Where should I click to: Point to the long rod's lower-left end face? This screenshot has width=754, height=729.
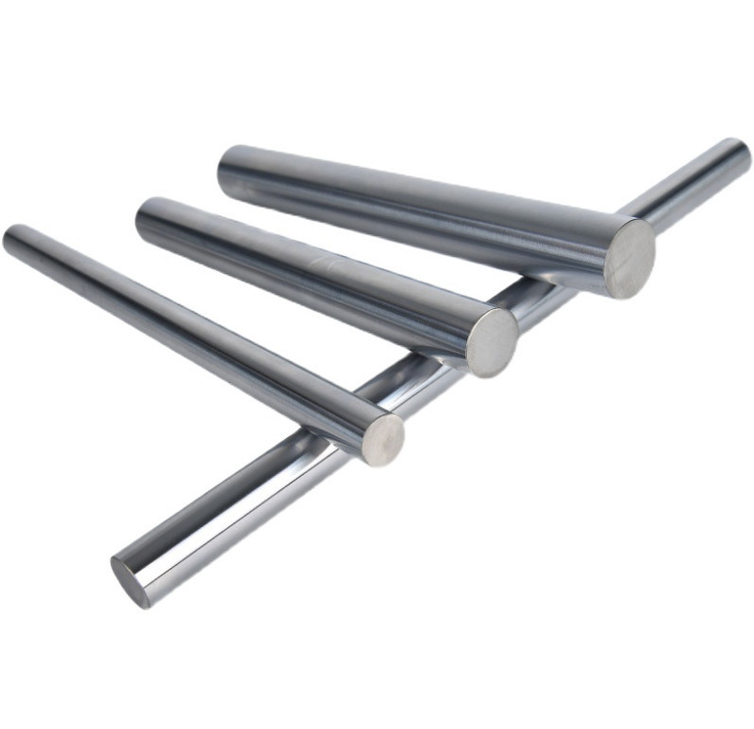coord(131,580)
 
